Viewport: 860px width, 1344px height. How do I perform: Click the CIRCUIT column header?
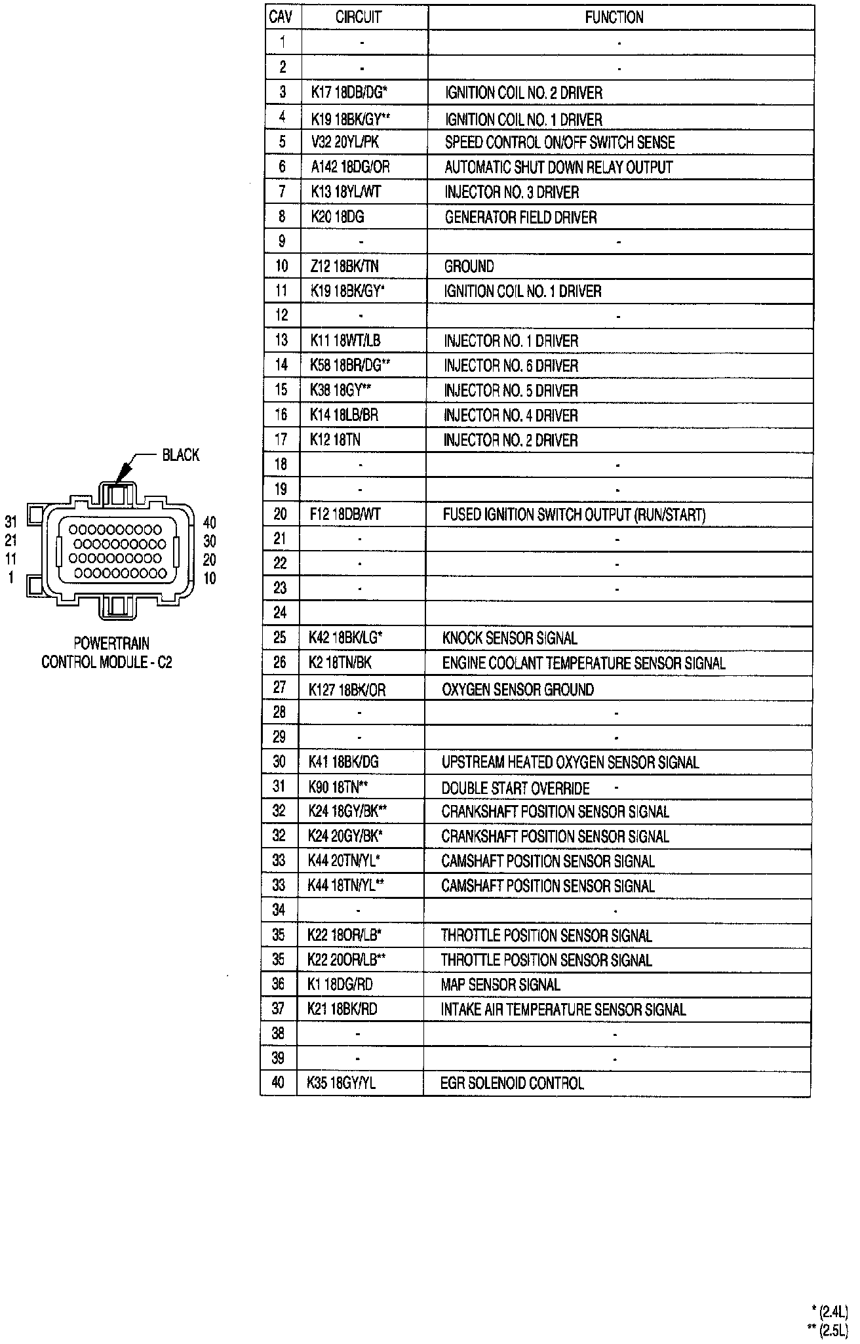(359, 18)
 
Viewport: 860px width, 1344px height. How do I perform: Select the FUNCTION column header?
(614, 18)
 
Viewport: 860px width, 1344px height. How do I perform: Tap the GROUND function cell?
(469, 266)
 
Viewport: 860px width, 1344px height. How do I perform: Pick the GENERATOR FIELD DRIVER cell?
(520, 217)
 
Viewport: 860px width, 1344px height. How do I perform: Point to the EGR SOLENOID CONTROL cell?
(512, 1083)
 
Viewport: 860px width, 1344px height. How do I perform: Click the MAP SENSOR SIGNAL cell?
(501, 984)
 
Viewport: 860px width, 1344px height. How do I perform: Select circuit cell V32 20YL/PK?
(345, 142)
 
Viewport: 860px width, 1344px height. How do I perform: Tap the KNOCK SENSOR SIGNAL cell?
(510, 638)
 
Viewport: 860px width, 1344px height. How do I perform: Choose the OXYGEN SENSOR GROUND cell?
(518, 689)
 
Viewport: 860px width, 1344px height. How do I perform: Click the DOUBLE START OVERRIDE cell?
(516, 788)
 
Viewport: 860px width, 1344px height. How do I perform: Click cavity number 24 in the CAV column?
(280, 612)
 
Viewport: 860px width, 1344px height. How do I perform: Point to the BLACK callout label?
(181, 455)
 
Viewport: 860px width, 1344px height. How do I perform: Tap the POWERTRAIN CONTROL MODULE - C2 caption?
(107, 652)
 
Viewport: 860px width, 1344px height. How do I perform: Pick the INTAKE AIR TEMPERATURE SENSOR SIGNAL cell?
(563, 1009)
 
